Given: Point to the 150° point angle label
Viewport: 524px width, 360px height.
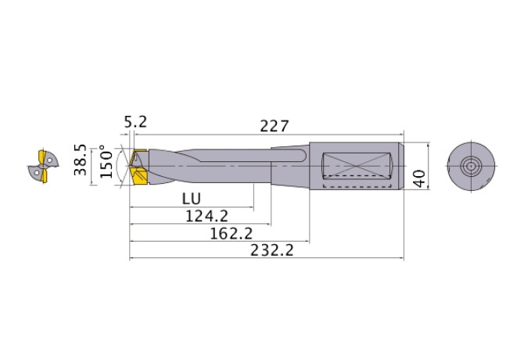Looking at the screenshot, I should tap(106, 163).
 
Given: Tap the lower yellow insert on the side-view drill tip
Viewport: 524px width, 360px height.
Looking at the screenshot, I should tap(141, 178).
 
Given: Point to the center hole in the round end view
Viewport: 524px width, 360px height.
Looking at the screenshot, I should tap(471, 165).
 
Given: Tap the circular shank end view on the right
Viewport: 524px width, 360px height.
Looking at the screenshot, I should tap(471, 165).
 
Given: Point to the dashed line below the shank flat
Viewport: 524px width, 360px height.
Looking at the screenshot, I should tap(356, 187).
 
